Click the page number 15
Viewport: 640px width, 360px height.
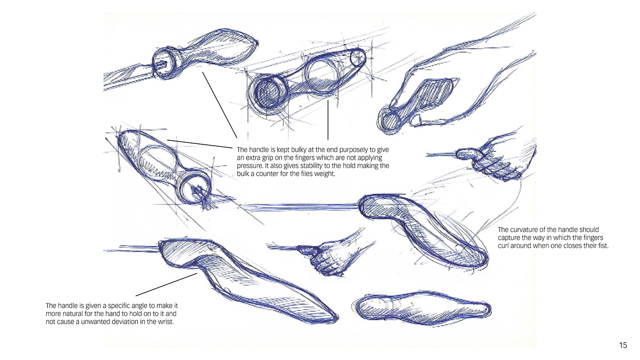coord(623,346)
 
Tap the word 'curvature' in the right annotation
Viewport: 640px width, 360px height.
coord(524,229)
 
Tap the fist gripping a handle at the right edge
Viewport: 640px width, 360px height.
coord(498,155)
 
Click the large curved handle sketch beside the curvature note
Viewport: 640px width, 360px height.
coord(425,228)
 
